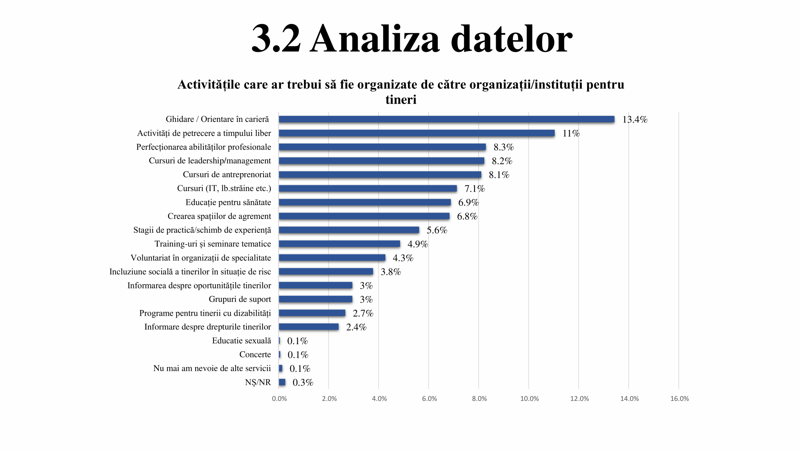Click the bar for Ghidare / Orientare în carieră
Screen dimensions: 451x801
(446, 119)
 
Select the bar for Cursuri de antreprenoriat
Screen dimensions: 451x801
(380, 174)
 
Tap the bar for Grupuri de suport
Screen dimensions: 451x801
(315, 299)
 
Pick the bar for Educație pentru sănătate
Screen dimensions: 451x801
(365, 202)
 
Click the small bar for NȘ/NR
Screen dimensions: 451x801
(282, 382)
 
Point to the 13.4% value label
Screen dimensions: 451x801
(635, 119)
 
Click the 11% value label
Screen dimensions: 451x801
(571, 133)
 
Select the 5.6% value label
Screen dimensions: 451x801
(437, 230)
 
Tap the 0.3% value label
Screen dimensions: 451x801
(303, 382)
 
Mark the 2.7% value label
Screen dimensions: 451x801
(363, 313)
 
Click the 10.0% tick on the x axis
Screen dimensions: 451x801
(529, 399)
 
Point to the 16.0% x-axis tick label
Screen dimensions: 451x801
(680, 399)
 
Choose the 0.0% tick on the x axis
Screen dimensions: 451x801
(279, 399)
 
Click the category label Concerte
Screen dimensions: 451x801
(255, 355)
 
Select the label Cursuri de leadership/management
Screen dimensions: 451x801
(210, 161)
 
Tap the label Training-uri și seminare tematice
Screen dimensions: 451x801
(213, 244)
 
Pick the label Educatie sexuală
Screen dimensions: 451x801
(241, 341)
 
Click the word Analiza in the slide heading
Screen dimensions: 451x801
(375, 39)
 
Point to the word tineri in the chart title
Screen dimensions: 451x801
(401, 100)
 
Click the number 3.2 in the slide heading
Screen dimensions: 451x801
(276, 39)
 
